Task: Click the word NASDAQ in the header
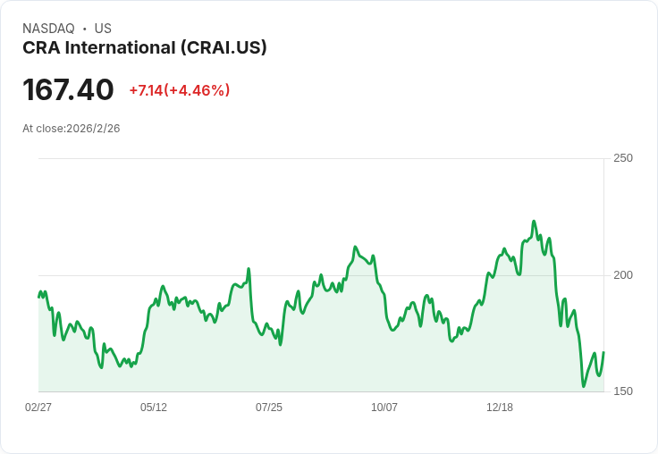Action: pos(48,29)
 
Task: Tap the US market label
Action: pos(103,29)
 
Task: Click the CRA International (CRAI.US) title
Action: pos(145,48)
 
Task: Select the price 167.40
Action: pos(68,89)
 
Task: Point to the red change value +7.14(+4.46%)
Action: pos(180,90)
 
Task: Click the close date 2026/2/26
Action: pos(93,129)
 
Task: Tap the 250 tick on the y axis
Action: pos(623,158)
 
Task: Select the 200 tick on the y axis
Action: pos(623,274)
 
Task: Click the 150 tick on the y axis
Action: pos(623,391)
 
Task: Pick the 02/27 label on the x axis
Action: pos(38,408)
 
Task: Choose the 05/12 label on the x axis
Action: pos(154,408)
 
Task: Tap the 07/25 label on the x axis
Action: pos(269,408)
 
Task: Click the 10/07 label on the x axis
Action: pos(384,408)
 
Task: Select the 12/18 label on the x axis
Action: pos(500,408)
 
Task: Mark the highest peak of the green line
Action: pos(534,222)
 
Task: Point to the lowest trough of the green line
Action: pos(584,386)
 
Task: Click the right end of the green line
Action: pos(603,352)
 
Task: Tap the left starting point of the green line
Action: pos(38,296)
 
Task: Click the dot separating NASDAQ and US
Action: pos(85,29)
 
